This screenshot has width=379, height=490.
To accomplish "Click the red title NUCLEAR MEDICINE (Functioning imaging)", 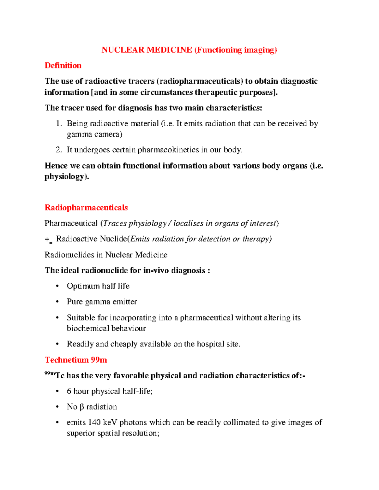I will pyautogui.click(x=189, y=50).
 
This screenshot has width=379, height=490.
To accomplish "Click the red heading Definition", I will pyautogui.click(x=63, y=65).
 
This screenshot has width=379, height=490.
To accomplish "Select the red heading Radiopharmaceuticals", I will pyautogui.click(x=86, y=208).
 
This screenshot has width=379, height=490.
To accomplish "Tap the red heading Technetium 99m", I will pyautogui.click(x=76, y=360).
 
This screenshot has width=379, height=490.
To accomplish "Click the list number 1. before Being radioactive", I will pyautogui.click(x=59, y=123).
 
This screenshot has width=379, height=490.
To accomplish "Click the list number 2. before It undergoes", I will pyautogui.click(x=59, y=150).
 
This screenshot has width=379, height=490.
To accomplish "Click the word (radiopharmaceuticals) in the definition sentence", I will pyautogui.click(x=200, y=81).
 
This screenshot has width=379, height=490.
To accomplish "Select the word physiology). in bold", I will pyautogui.click(x=67, y=177).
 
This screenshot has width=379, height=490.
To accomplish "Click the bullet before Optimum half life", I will pyautogui.click(x=57, y=286).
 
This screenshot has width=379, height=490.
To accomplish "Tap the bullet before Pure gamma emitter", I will pyautogui.click(x=57, y=302).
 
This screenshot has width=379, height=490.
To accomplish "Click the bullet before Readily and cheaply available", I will pyautogui.click(x=57, y=344).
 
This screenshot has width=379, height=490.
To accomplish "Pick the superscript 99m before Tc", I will pyautogui.click(x=50, y=374).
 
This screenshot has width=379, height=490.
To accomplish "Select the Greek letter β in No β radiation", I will pyautogui.click(x=81, y=407).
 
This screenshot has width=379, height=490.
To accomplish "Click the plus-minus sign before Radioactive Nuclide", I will pyautogui.click(x=48, y=239).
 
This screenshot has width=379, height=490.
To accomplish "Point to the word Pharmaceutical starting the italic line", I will pyautogui.click(x=71, y=223).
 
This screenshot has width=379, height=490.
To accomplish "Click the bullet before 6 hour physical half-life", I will pyautogui.click(x=57, y=391).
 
